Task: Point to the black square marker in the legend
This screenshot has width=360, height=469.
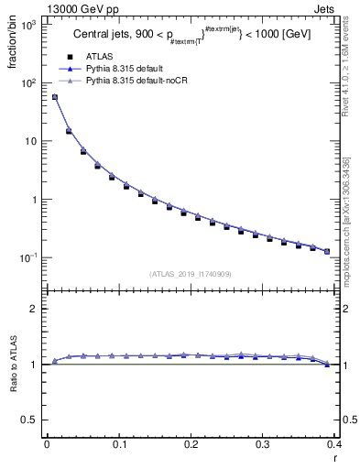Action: point(69,56)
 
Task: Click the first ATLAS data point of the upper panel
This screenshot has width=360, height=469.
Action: point(54,97)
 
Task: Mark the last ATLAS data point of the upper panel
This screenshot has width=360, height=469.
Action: point(327,251)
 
